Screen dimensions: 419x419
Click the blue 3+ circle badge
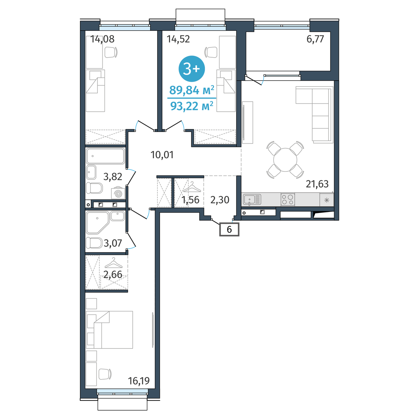(192, 69)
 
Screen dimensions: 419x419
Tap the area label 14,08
(102, 39)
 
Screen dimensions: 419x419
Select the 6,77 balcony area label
(315, 39)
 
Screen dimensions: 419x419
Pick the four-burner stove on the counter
(288, 199)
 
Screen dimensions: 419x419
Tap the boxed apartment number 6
(229, 229)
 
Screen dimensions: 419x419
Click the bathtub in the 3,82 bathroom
(105, 156)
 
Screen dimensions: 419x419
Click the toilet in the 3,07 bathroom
(94, 243)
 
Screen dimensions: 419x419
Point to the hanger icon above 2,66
(113, 263)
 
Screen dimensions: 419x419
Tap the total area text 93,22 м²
(192, 106)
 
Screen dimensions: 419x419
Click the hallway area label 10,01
(162, 155)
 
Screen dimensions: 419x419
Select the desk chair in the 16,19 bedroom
(105, 374)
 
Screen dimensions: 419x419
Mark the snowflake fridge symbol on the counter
(326, 200)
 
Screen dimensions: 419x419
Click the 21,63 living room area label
(317, 184)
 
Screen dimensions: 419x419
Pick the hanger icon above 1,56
(192, 187)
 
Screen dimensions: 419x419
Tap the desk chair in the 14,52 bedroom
(211, 52)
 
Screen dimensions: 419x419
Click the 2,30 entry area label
(220, 200)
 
